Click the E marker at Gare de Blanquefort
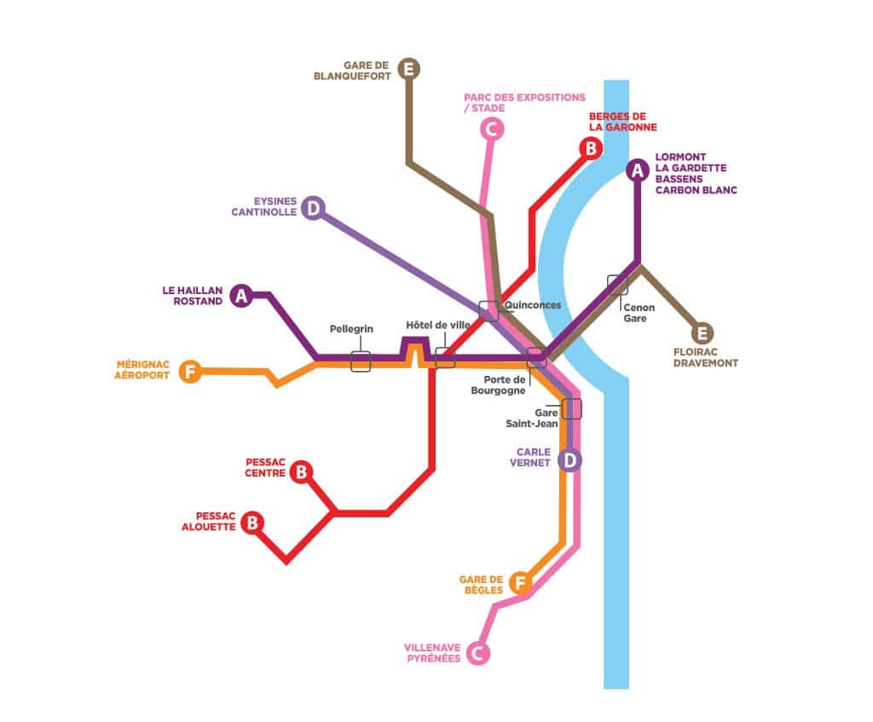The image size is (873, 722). click(410, 68)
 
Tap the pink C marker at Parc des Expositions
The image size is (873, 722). click(491, 129)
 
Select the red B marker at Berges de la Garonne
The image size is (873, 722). click(589, 148)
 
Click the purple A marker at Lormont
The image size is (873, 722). click(637, 170)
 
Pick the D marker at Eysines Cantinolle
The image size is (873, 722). click(313, 208)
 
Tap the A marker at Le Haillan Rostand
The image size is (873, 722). click(241, 296)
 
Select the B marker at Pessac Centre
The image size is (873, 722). click(301, 471)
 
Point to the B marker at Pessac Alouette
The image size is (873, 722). click(251, 523)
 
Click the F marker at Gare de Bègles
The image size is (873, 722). click(519, 583)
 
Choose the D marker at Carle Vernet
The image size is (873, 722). click(569, 460)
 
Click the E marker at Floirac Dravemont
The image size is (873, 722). click(703, 333)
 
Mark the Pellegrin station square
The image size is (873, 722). click(361, 361)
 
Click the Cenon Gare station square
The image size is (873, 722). click(617, 285)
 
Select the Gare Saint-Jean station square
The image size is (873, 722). click(571, 408)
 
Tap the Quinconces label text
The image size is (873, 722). click(533, 305)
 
